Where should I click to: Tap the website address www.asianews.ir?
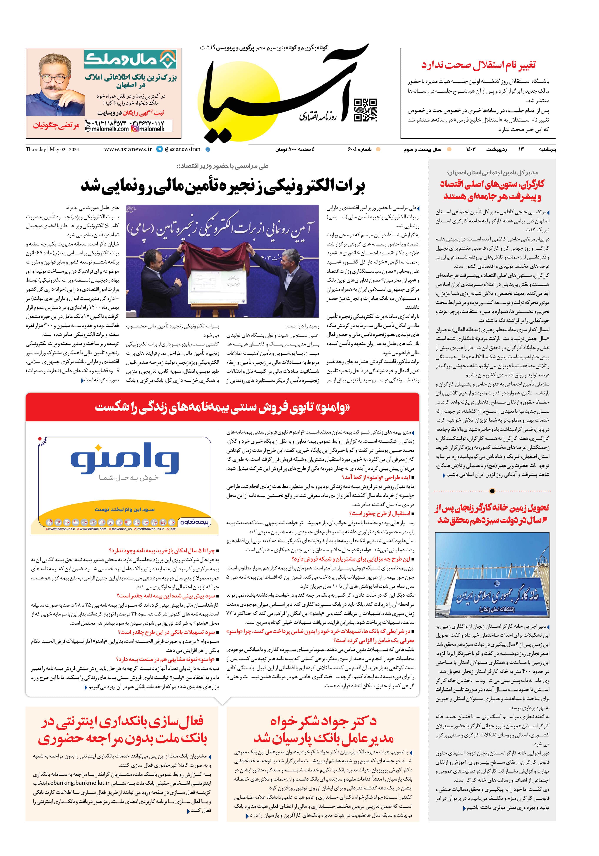pyautogui.click(x=128, y=149)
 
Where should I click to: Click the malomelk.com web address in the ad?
pyautogui.click(x=107, y=129)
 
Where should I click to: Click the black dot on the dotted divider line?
pyautogui.click(x=492, y=491)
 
